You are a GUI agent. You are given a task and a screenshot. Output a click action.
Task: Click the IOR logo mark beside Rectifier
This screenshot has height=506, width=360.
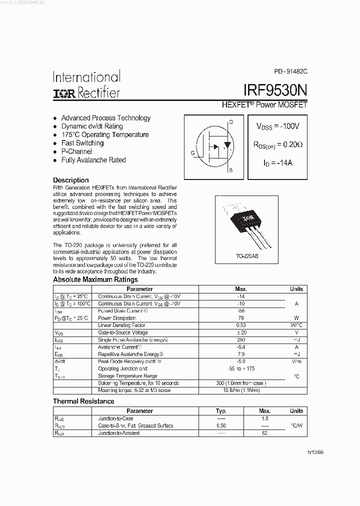point(64,93)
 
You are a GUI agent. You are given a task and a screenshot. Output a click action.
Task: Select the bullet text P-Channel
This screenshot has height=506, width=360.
point(76,151)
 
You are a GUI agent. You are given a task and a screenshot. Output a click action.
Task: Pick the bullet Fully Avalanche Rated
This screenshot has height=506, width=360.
point(93,160)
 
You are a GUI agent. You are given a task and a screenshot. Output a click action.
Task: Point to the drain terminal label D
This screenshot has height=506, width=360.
point(230,121)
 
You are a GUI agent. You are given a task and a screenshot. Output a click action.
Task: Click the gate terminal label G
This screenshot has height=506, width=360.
point(192,153)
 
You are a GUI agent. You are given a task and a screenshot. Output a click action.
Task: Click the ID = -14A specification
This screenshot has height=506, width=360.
point(277,163)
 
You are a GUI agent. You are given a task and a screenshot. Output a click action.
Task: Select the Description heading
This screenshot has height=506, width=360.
point(71,180)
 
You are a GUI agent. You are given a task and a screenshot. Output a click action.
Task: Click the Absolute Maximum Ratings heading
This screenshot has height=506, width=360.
point(95,279)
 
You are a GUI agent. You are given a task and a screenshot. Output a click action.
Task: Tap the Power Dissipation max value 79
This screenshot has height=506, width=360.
point(241,318)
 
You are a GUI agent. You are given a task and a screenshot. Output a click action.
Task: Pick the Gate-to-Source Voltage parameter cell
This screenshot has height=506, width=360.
point(123,332)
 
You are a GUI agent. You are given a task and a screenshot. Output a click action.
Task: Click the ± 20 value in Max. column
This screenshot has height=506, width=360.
point(241,332)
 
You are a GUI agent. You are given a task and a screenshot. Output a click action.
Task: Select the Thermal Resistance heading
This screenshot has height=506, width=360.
point(83,401)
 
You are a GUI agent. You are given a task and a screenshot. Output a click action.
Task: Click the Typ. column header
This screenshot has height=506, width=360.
point(221,411)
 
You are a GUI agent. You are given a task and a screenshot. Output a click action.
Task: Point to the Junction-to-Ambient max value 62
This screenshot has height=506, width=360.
point(265,433)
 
